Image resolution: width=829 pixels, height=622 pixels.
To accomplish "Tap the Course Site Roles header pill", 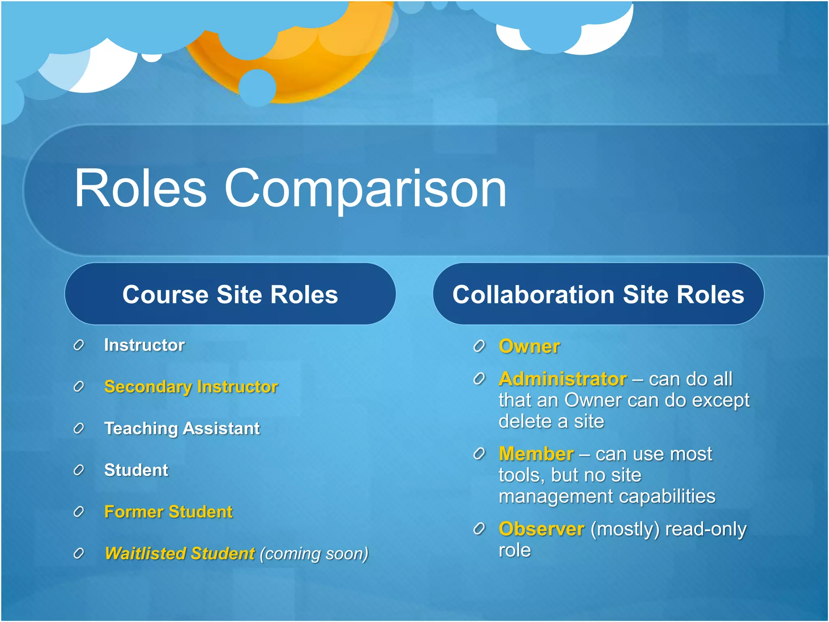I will (x=230, y=294).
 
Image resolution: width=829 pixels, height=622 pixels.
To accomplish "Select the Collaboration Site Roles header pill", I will (x=598, y=294).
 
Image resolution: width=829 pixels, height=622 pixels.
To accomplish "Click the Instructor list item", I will (x=144, y=345).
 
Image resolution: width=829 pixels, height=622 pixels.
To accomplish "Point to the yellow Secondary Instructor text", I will (x=191, y=387).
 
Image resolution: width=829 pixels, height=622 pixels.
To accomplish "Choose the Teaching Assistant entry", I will (x=182, y=428).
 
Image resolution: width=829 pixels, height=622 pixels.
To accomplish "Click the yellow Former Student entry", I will (x=168, y=512).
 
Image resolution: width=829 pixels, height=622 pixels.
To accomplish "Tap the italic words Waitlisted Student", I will (x=179, y=554).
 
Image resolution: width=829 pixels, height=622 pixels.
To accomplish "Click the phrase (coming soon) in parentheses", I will (x=314, y=554).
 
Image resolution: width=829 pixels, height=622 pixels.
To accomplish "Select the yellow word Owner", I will (x=529, y=347).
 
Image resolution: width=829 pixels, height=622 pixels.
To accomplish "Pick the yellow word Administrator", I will (x=563, y=379).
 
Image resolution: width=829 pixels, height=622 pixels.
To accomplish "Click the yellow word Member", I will (x=536, y=454).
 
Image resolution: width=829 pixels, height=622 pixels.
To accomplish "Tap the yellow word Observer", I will (x=541, y=529).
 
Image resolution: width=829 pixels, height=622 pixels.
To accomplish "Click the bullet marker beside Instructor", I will (x=79, y=345).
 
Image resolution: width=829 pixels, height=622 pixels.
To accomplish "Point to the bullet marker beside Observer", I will (x=479, y=529).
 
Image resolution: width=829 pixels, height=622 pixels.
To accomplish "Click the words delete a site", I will (x=551, y=421).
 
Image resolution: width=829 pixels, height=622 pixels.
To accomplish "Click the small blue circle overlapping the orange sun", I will (x=257, y=87).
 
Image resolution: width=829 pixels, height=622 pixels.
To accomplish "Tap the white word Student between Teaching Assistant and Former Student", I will (x=136, y=470).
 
